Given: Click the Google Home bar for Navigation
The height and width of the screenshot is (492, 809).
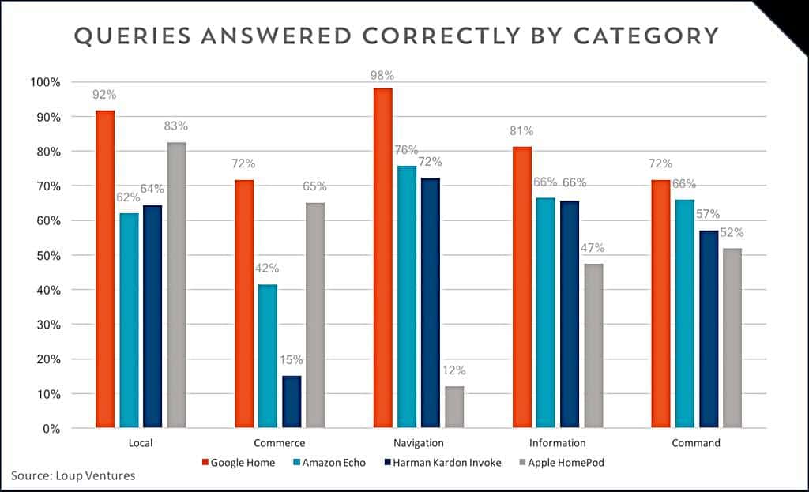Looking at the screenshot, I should point(383,258).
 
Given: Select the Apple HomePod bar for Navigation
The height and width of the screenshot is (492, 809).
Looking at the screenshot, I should point(454,407).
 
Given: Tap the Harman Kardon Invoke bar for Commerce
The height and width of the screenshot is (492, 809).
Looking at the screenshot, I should point(292,402).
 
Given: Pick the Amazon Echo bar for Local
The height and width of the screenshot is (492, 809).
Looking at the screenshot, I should point(129,321).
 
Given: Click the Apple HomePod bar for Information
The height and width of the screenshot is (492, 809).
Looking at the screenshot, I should point(593,346).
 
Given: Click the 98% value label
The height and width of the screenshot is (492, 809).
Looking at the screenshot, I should point(382,76).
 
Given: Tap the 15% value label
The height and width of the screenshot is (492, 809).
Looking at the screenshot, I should point(292,360).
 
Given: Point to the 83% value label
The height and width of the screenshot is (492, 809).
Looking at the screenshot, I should point(176,126).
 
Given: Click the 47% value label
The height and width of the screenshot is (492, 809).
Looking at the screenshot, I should point(593,248).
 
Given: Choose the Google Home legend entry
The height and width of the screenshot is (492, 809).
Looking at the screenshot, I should point(239,463).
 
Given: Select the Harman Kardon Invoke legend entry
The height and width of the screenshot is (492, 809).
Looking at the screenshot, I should point(439,463).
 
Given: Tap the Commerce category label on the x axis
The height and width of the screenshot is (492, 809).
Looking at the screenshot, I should point(279,443).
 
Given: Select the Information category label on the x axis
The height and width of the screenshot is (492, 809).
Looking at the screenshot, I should point(557,443).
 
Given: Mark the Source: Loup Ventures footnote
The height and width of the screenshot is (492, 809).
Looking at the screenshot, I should point(73,475).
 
